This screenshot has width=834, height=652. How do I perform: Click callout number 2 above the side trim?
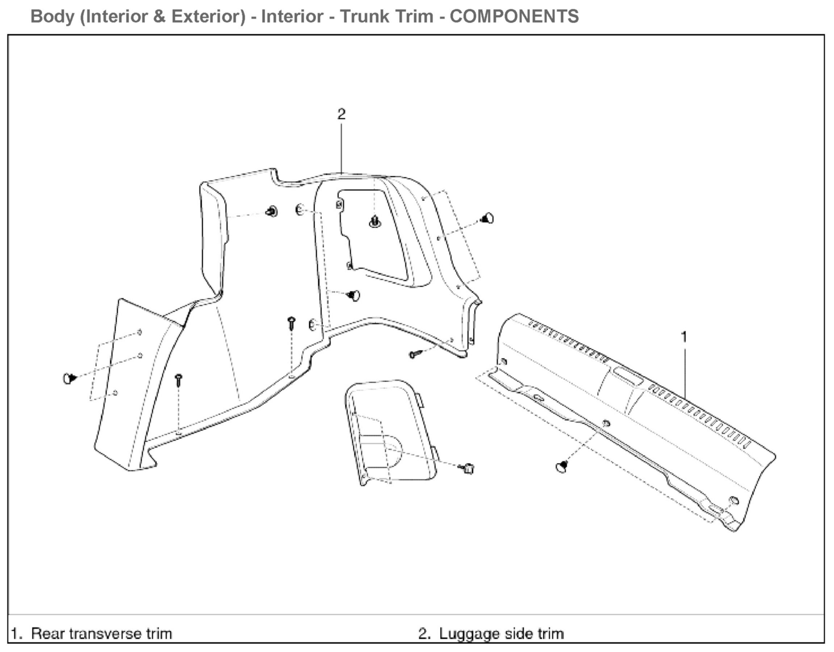(x=342, y=114)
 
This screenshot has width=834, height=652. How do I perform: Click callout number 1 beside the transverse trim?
(x=684, y=337)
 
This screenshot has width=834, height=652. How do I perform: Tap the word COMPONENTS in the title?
(x=514, y=16)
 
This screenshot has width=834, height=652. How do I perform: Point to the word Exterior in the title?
(x=208, y=16)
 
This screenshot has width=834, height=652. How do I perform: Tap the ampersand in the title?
(x=160, y=17)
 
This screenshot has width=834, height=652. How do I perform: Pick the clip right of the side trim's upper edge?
(x=487, y=219)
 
